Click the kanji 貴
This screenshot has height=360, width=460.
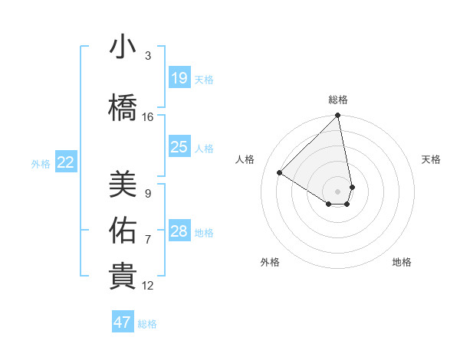[123, 277]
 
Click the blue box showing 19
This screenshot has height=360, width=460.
[179, 78]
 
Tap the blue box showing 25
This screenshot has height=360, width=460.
[179, 147]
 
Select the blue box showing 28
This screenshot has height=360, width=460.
[179, 231]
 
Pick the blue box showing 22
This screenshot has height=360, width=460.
[66, 162]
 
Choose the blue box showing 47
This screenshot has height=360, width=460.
[123, 322]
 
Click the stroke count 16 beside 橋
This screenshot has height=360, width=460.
[148, 117]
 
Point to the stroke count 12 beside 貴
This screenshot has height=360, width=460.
[148, 286]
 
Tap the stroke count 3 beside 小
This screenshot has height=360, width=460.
[148, 56]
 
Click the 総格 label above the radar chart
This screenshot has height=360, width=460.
[338, 100]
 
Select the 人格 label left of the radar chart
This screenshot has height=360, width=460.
[245, 159]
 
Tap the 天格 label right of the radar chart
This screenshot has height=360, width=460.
[431, 159]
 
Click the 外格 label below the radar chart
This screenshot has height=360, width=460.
[270, 262]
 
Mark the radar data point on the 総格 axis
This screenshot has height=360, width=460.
[338, 116]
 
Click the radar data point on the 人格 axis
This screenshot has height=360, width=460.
[280, 172]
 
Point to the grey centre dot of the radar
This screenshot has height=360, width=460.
[338, 191]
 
